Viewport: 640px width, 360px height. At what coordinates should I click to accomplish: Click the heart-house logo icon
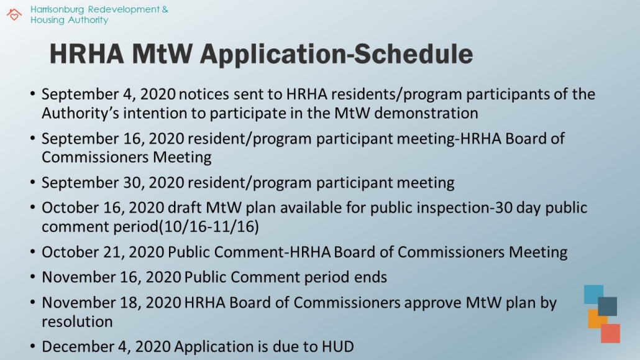14,14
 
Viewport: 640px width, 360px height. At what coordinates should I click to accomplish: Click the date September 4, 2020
109,95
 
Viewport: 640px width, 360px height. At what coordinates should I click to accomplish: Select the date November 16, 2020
112,277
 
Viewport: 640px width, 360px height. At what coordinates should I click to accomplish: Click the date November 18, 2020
112,303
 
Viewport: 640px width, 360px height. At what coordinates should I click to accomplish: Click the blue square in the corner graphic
593,294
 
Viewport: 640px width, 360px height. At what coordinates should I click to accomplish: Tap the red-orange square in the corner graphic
610,333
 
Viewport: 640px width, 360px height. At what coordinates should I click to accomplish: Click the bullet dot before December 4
32,346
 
